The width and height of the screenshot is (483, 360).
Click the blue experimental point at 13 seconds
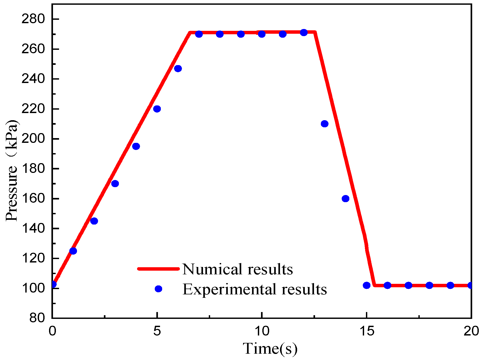point(325,124)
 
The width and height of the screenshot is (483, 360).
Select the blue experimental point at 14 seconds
point(345,198)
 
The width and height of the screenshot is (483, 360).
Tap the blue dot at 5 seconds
point(157,109)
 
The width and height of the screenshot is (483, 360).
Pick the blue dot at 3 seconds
point(115,183)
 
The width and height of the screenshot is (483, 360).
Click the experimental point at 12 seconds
point(304,33)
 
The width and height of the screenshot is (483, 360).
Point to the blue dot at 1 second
point(73,251)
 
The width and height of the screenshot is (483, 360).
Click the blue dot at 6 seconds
point(178,69)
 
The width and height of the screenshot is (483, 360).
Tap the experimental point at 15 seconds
point(366,285)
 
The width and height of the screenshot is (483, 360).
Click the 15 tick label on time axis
point(366,331)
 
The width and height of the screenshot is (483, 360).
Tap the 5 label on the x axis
point(157,331)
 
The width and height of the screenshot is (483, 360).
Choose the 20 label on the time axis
point(471,331)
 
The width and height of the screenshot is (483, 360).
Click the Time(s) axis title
point(270,348)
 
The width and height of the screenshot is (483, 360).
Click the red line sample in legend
point(158,269)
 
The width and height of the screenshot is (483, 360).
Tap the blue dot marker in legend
point(158,289)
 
